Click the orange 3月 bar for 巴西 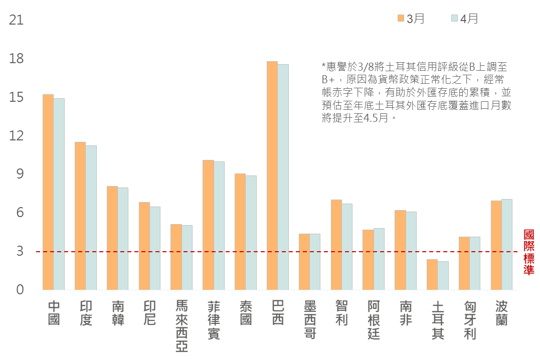click(272, 175)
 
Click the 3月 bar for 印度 click(80, 216)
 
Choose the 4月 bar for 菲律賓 click(219, 226)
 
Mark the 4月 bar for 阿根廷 click(379, 259)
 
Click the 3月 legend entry click(411, 19)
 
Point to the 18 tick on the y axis click(17, 59)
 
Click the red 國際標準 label click(528, 252)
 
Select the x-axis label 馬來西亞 click(182, 326)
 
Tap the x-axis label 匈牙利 click(470, 320)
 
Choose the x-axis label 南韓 click(118, 313)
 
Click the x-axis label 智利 click(341, 313)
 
